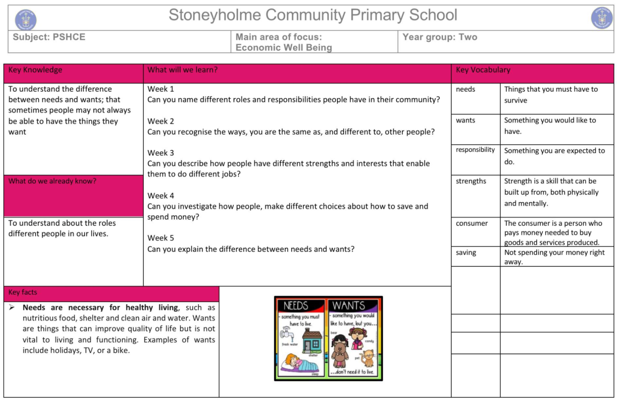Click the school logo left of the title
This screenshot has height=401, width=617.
tap(26, 19)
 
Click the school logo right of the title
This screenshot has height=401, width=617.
tap(602, 18)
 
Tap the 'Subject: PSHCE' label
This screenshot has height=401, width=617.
tap(49, 37)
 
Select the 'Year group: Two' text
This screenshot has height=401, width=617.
tap(440, 37)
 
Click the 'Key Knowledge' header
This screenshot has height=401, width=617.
tap(35, 70)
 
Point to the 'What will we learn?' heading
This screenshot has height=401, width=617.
tap(183, 70)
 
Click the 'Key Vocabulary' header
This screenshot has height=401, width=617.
tap(483, 70)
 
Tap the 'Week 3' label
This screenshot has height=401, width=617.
tap(161, 153)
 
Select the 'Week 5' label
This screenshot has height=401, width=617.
tap(161, 238)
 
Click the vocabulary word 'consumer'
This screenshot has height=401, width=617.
tap(472, 223)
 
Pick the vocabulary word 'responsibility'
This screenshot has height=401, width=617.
tap(475, 150)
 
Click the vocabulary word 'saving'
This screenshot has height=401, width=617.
tap(466, 253)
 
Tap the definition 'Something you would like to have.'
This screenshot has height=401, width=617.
tap(550, 126)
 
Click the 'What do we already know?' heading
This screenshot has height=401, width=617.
tap(52, 181)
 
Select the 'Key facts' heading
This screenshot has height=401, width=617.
tap(23, 292)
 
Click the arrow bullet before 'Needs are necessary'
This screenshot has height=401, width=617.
tap(12, 308)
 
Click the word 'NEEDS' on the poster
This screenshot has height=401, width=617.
tap(296, 306)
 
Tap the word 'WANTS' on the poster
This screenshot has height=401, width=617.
tap(349, 306)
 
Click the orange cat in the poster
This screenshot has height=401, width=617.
tap(368, 358)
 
